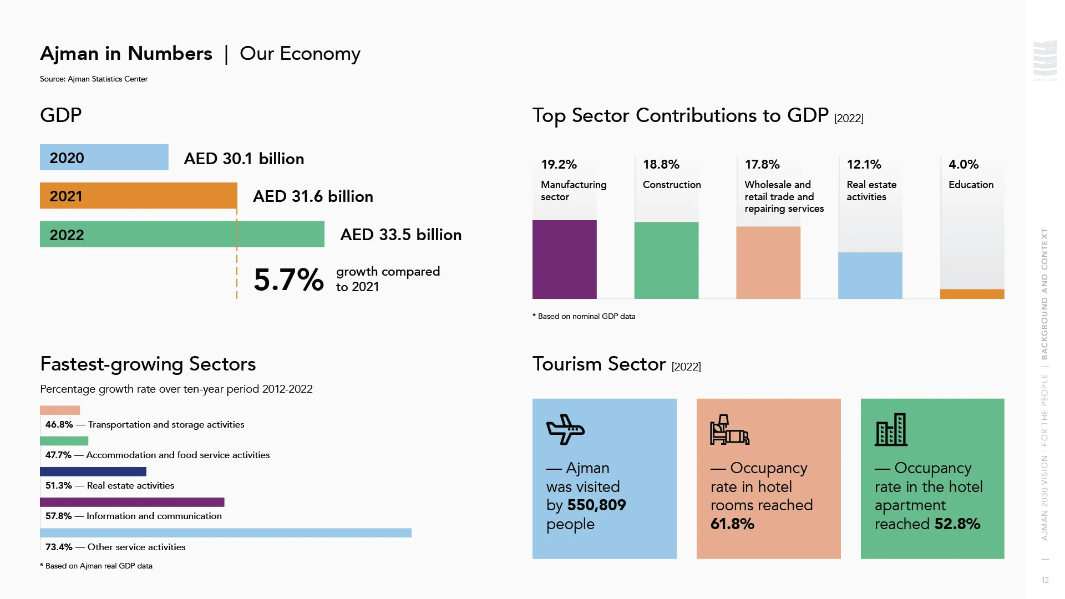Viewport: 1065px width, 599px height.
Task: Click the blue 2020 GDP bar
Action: (x=104, y=158)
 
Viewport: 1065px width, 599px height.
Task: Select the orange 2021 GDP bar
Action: (x=138, y=196)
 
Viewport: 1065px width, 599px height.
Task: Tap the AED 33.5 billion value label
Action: (x=400, y=235)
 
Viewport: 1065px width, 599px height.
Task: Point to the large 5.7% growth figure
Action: (x=288, y=280)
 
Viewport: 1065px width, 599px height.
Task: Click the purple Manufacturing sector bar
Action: (x=564, y=260)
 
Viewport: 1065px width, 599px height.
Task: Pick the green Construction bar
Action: (x=666, y=261)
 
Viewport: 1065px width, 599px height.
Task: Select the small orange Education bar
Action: (x=972, y=294)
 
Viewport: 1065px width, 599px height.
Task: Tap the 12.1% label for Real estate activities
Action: (x=864, y=165)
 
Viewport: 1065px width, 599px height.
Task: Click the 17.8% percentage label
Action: (x=762, y=165)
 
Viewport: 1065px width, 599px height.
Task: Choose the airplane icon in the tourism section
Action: (x=565, y=429)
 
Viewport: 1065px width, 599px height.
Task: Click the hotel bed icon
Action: (x=729, y=430)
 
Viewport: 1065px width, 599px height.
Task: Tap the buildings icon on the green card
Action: (x=891, y=430)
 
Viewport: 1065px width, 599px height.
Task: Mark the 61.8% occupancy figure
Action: (x=732, y=524)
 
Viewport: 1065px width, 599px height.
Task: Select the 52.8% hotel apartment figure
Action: (x=957, y=524)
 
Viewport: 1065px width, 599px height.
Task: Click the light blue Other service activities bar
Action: (x=225, y=533)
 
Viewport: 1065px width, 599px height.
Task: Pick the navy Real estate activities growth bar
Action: (x=93, y=472)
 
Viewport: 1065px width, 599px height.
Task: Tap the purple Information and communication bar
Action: (x=132, y=502)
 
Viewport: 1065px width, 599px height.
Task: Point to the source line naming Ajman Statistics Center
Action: (x=94, y=79)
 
